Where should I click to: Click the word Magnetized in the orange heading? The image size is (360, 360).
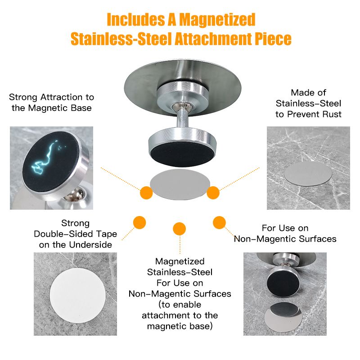[217, 20]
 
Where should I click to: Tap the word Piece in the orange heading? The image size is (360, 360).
[273, 39]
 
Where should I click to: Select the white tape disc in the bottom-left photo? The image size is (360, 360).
[77, 295]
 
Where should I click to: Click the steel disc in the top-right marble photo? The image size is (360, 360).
[308, 173]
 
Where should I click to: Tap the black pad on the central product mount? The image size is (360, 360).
[182, 154]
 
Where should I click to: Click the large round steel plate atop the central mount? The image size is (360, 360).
[183, 87]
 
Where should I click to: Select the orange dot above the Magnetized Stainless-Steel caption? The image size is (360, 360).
[179, 229]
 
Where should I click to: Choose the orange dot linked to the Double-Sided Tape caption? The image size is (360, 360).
[139, 222]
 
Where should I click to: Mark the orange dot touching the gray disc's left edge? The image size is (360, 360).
[147, 193]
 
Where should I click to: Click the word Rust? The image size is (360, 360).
[331, 114]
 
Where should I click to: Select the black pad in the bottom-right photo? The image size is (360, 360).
[283, 282]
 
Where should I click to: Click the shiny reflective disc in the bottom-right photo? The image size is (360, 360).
[283, 317]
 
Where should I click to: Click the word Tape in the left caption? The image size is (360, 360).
[107, 234]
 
